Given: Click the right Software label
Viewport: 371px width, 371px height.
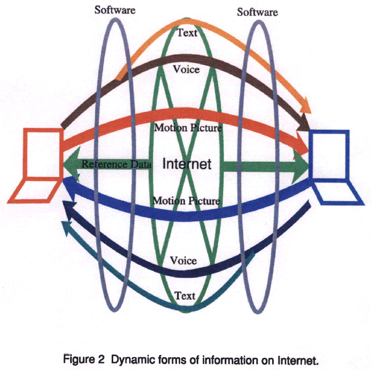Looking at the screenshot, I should tap(257, 11).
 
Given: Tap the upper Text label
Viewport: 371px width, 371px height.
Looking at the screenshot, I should tap(187, 33).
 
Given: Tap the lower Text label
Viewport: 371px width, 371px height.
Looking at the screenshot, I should tap(186, 296).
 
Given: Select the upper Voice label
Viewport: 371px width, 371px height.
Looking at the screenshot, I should tap(186, 69).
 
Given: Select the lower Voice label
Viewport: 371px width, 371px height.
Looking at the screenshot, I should tap(183, 260).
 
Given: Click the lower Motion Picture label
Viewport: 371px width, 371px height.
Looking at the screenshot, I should tap(186, 201).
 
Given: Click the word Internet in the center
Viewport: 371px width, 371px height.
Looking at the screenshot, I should tap(187, 164).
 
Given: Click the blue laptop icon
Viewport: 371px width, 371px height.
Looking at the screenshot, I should tap(337, 167).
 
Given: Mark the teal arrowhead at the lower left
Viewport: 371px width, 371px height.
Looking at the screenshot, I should tap(66, 226).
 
